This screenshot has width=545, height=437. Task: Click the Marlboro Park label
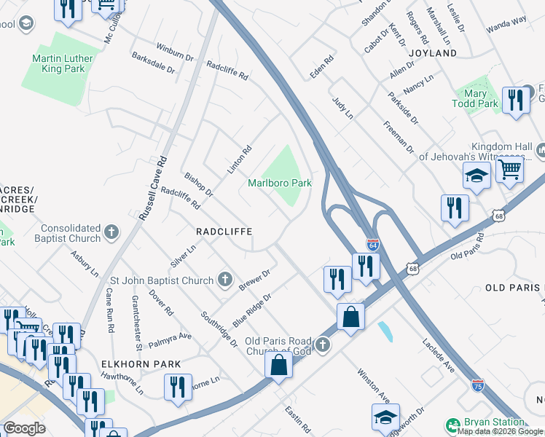tap(280, 183)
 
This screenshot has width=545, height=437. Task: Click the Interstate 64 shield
tap(372, 245)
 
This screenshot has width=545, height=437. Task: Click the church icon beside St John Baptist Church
tap(225, 280)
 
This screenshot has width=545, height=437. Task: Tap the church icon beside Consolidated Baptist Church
tap(111, 232)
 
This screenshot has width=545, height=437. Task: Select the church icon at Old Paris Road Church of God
tap(323, 342)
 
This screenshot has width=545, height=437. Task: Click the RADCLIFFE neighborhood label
tap(224, 231)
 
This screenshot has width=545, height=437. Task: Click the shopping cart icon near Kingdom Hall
tap(510, 170)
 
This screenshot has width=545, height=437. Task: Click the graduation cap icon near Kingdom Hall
tap(476, 176)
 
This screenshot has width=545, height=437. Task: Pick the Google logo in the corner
tap(24, 428)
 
